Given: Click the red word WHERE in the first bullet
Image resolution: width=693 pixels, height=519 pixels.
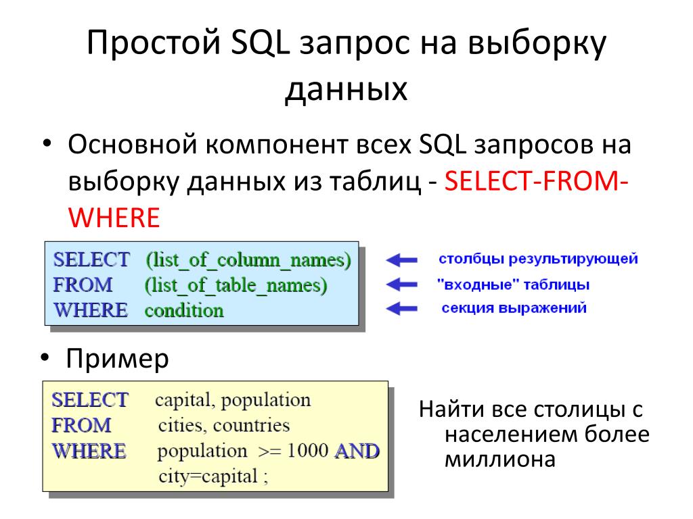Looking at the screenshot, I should click(x=114, y=218).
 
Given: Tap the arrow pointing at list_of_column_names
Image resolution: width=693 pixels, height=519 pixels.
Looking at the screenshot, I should click(x=402, y=259).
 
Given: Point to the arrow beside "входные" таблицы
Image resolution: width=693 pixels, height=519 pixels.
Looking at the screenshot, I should click(x=402, y=285).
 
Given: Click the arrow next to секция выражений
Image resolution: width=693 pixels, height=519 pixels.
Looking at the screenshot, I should click(x=402, y=309).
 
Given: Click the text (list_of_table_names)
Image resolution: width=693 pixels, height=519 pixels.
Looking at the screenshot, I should click(x=236, y=285).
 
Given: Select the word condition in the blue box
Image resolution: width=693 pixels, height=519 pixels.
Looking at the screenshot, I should click(x=183, y=311).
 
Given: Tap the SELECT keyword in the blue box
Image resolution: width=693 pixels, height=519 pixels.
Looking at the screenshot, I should click(x=91, y=259).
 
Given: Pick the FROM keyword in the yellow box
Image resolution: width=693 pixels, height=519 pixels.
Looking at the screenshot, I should click(x=81, y=426).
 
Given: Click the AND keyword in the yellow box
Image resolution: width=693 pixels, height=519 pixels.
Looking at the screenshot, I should click(x=357, y=451).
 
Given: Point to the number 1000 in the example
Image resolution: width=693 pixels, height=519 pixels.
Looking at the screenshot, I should click(x=307, y=451).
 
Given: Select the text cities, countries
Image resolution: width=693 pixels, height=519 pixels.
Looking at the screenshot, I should click(x=223, y=426).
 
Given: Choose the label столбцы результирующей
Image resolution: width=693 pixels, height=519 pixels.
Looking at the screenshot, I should click(x=538, y=259).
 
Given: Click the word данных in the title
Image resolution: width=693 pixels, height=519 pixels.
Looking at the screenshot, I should click(x=346, y=89).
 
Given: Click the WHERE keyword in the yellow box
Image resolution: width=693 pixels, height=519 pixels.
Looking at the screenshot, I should click(x=89, y=451).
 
